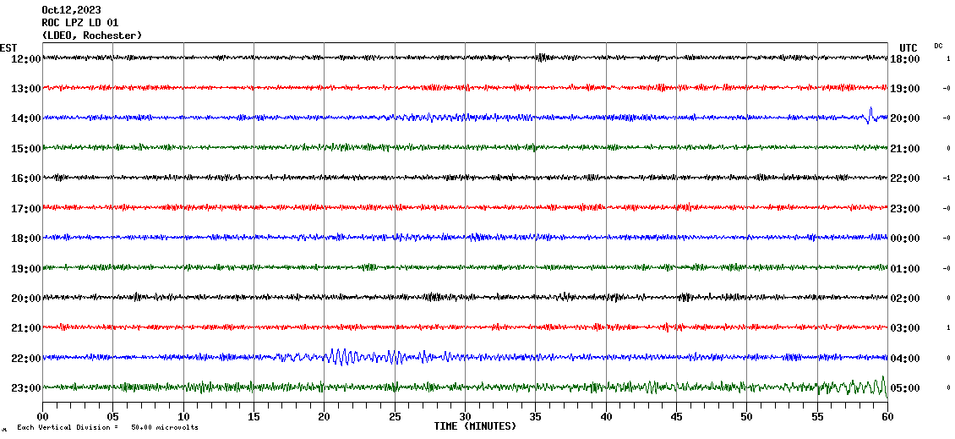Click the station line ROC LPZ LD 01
(80, 23)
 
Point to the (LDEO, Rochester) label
(92, 36)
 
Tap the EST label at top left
(9, 47)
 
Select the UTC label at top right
(909, 47)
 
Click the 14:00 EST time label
(25, 118)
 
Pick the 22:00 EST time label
(25, 358)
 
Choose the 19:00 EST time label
(25, 268)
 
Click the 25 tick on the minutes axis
(395, 416)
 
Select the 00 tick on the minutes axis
(43, 416)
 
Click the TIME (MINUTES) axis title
(474, 426)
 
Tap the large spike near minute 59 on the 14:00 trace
(870, 114)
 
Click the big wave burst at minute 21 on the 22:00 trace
(337, 356)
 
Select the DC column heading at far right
(938, 46)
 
